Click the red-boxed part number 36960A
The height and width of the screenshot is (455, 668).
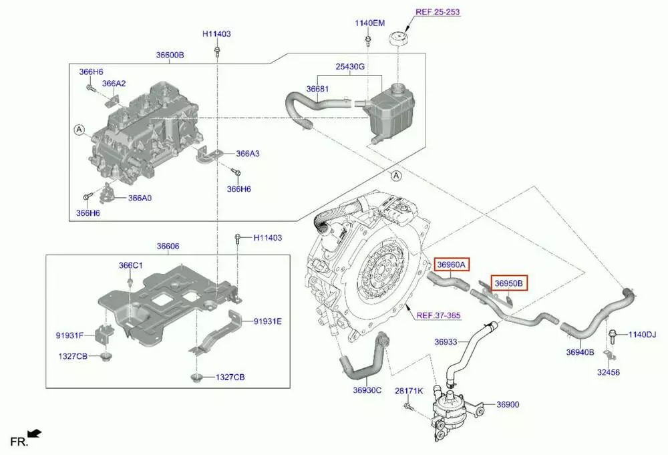pyautogui.click(x=452, y=265)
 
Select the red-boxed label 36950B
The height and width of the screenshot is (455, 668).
pyautogui.click(x=509, y=283)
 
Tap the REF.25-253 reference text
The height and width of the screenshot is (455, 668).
pyautogui.click(x=438, y=12)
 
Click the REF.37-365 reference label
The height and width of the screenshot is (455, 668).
pyautogui.click(x=438, y=315)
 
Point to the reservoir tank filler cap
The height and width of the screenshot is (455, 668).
pyautogui.click(x=399, y=41)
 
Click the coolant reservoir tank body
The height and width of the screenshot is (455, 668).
pyautogui.click(x=391, y=114)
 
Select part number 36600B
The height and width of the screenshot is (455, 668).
pyautogui.click(x=170, y=55)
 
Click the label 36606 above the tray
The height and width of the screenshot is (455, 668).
pyautogui.click(x=168, y=247)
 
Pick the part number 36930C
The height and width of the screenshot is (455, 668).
pyautogui.click(x=367, y=390)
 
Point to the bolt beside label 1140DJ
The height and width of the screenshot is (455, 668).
pyautogui.click(x=613, y=336)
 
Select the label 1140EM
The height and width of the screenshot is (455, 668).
pyautogui.click(x=370, y=23)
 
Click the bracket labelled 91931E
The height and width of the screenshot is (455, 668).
pyautogui.click(x=216, y=332)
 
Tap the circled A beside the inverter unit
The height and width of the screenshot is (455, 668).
pyautogui.click(x=79, y=130)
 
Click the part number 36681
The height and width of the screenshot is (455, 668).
pyautogui.click(x=317, y=89)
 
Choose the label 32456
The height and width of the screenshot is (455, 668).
pyautogui.click(x=609, y=372)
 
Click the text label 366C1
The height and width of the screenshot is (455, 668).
pyautogui.click(x=131, y=265)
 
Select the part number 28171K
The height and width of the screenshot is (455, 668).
pyautogui.click(x=409, y=391)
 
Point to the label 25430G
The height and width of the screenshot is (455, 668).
pyautogui.click(x=350, y=66)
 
